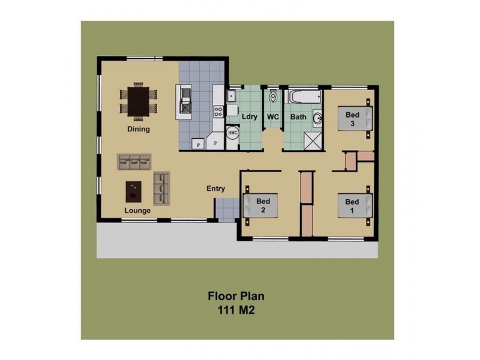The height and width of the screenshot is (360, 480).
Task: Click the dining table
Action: pos(139,101)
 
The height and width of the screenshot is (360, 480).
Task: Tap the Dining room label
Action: pos(139,129)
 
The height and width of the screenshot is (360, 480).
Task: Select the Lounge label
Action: pos(137,211)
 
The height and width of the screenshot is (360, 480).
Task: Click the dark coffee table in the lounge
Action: pos(133,192)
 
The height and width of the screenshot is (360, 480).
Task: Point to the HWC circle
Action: pos(233,133)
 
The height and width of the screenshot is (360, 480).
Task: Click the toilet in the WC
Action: pos(273,97)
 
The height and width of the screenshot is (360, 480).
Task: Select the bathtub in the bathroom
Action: pos(305,97)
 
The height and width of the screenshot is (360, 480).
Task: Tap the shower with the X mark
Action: pos(313,142)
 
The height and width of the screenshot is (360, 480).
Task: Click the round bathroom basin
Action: pos(318,118)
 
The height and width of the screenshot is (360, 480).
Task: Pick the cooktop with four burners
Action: pos(218,111)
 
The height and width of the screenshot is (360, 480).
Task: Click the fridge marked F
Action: pos(198,144)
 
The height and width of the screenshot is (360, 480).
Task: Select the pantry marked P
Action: pos(215,142)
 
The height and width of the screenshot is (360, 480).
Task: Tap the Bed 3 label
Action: pos(352,119)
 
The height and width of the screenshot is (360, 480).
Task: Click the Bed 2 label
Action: pos(263,205)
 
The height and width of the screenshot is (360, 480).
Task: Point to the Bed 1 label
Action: pos(352,206)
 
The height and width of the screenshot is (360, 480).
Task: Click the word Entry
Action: pos(216,188)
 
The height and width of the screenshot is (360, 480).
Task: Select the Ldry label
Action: pos(250,116)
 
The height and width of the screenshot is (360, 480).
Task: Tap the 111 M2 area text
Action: pos(236,310)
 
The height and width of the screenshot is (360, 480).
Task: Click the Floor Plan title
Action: pos(236,296)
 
